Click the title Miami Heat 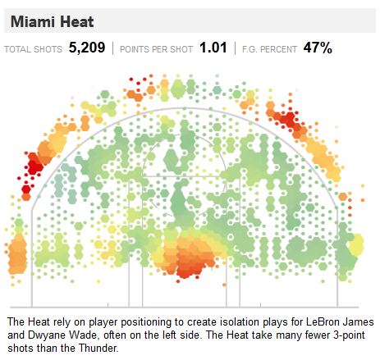52,21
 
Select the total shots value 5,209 87,48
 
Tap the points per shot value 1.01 213,48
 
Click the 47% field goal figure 318,48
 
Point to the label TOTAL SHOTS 33,49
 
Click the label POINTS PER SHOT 156,49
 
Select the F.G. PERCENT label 269,49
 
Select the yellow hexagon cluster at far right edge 356,244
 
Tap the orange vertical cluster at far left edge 17,253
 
